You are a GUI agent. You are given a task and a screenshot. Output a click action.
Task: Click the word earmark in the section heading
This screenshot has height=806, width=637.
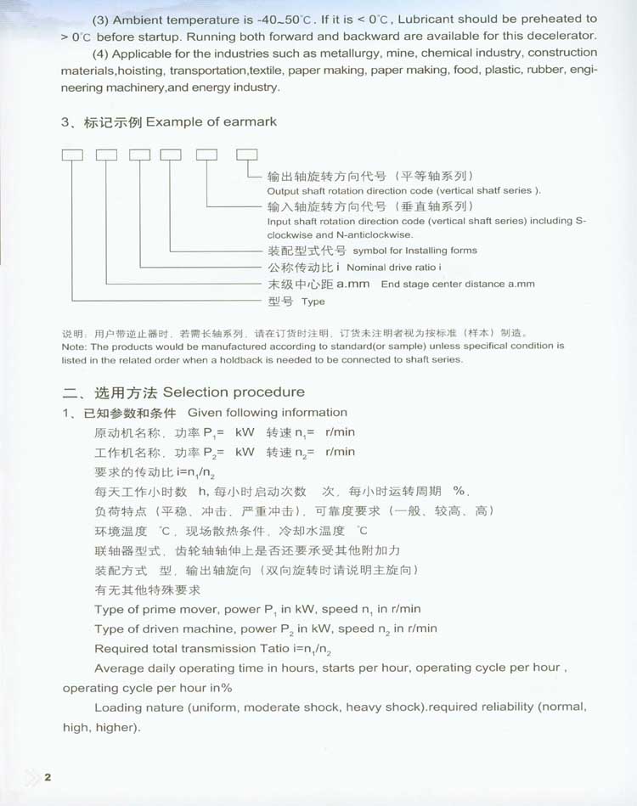pyautogui.click(x=250, y=121)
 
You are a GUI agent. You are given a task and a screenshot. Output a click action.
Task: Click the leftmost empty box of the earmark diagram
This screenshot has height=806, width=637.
pyautogui.click(x=72, y=155)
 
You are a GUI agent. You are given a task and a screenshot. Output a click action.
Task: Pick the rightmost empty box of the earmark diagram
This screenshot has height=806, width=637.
pyautogui.click(x=246, y=155)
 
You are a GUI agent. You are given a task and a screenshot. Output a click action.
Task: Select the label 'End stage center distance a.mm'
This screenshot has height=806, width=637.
pyautogui.click(x=458, y=285)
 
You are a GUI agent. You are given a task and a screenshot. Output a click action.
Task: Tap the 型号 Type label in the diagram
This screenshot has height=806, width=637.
pyautogui.click(x=296, y=302)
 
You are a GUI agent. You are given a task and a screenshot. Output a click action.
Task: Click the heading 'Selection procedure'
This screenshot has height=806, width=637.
pyautogui.click(x=234, y=392)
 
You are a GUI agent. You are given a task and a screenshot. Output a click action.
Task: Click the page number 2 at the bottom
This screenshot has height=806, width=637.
pyautogui.click(x=48, y=777)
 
